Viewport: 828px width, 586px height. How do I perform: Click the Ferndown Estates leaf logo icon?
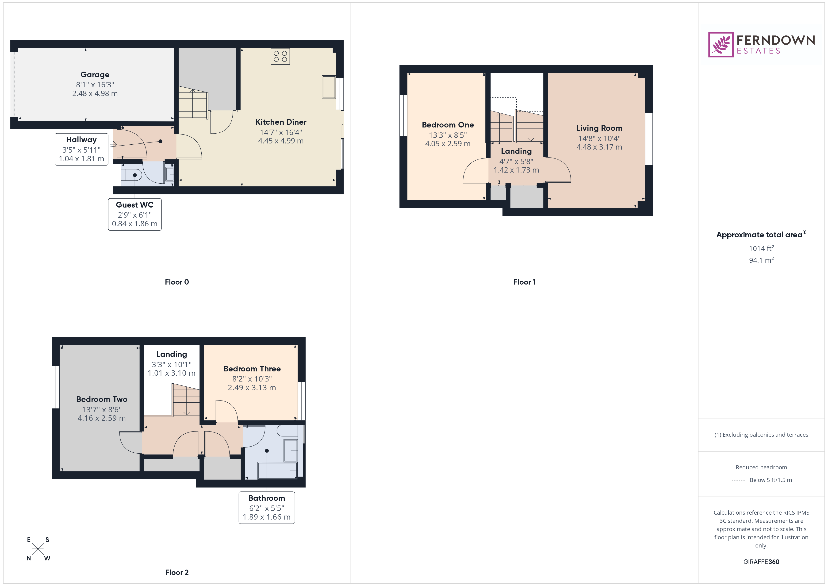pyautogui.click(x=720, y=45)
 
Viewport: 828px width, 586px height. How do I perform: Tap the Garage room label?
pyautogui.click(x=95, y=75)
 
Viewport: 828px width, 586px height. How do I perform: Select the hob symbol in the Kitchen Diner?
pyautogui.click(x=280, y=57)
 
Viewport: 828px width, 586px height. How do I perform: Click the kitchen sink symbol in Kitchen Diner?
pyautogui.click(x=329, y=87)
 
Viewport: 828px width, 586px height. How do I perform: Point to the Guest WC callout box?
pyautogui.click(x=134, y=214)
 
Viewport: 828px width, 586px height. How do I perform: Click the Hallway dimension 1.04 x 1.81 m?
pyautogui.click(x=81, y=159)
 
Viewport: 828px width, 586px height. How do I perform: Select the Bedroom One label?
pyautogui.click(x=448, y=125)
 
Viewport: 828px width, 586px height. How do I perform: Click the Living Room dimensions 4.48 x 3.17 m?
pyautogui.click(x=599, y=147)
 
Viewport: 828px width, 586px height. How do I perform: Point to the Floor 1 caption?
pyautogui.click(x=524, y=282)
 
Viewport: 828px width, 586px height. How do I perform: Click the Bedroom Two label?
pyautogui.click(x=102, y=399)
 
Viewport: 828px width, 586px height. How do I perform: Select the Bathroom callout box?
pyautogui.click(x=267, y=508)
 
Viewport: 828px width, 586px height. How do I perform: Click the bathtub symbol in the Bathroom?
pyautogui.click(x=278, y=470)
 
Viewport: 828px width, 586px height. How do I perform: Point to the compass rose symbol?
pyautogui.click(x=38, y=549)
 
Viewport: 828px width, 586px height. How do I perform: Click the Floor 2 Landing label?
pyautogui.click(x=172, y=354)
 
